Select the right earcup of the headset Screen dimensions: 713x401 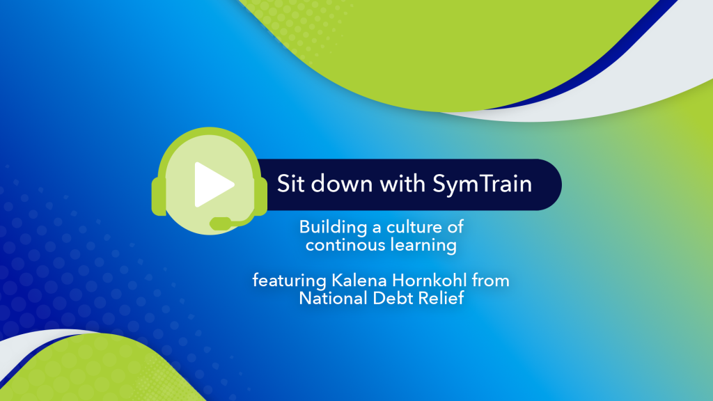click(262, 196)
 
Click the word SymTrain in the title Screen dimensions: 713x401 click(482, 184)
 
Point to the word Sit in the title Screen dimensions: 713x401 click(290, 184)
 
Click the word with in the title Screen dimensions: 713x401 click(402, 183)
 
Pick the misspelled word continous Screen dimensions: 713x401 click(345, 246)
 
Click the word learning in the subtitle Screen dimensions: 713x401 click(423, 246)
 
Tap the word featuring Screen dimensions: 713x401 click(289, 281)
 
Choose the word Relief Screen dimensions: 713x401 click(441, 298)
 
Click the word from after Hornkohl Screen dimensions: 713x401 click(491, 280)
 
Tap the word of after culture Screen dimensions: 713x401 click(455, 227)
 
